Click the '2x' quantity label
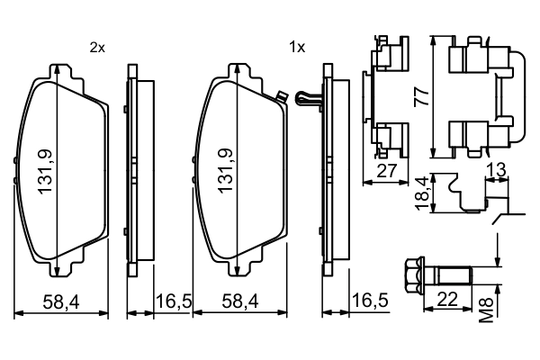[97, 48]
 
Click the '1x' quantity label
[297, 48]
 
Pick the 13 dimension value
[495, 171]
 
